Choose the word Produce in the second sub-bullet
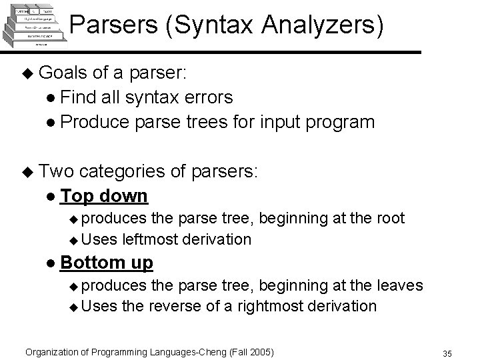(91, 122)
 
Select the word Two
(57, 171)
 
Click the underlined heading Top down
(103, 196)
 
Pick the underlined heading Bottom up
(106, 263)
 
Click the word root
(390, 217)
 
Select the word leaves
(398, 285)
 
